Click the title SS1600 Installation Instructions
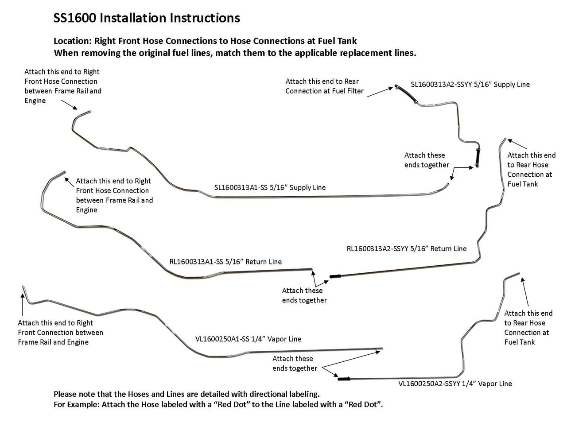pyautogui.click(x=147, y=18)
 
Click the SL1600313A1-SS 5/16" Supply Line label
pyautogui.click(x=270, y=187)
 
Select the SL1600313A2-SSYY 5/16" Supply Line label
pyautogui.click(x=470, y=84)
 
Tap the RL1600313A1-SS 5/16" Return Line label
pyautogui.click(x=225, y=262)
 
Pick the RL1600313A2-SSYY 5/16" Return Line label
pyautogui.click(x=406, y=248)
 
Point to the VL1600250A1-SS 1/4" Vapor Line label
pyautogui.click(x=248, y=339)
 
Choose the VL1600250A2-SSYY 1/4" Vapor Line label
pyautogui.click(x=455, y=384)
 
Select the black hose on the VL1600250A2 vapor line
pyautogui.click(x=344, y=379)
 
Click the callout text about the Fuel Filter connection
pyautogui.click(x=324, y=86)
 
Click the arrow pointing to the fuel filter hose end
pyautogui.click(x=379, y=91)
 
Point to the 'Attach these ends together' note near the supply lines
pyautogui.click(x=427, y=160)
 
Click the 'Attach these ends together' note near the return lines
pyautogui.click(x=304, y=295)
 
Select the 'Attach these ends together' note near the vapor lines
pyautogui.click(x=295, y=363)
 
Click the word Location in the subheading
pyautogui.click(x=72, y=41)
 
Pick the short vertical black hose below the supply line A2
pyautogui.click(x=477, y=157)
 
